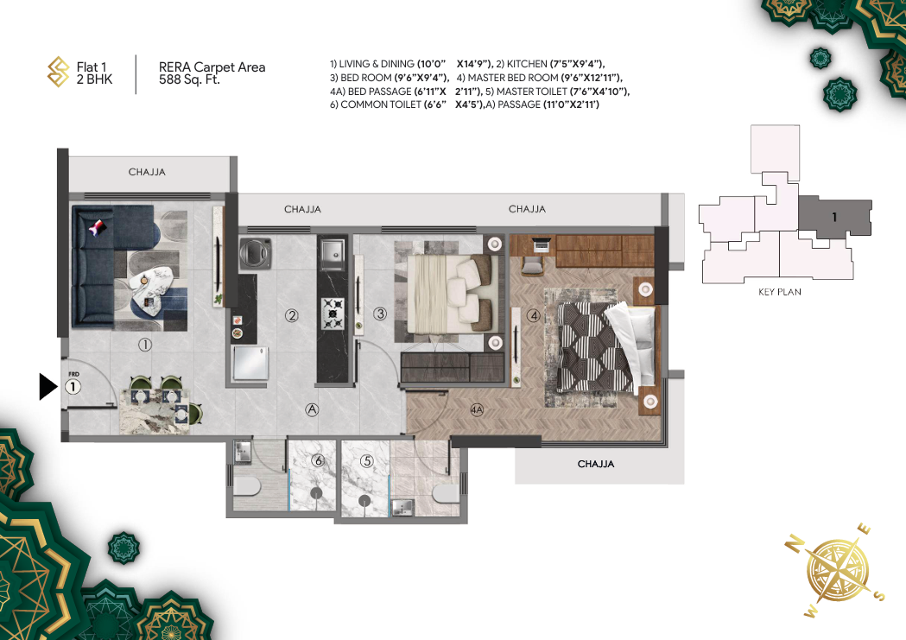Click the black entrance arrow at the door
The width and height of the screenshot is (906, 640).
pyautogui.click(x=48, y=386)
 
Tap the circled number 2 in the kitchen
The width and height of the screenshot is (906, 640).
pyautogui.click(x=292, y=315)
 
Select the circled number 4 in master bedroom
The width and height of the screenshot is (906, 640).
pyautogui.click(x=533, y=315)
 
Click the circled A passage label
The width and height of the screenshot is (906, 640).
pyautogui.click(x=312, y=409)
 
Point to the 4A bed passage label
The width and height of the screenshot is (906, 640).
pyautogui.click(x=477, y=410)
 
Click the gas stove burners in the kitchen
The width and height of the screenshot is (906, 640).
pyautogui.click(x=333, y=314)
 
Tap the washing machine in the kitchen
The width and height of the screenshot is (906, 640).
pyautogui.click(x=256, y=253)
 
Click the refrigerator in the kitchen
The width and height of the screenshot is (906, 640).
pyautogui.click(x=250, y=364)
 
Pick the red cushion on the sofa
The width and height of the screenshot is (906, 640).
pyautogui.click(x=97, y=227)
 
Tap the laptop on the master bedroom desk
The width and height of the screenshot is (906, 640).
pyautogui.click(x=542, y=244)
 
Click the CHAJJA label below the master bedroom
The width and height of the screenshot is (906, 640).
pyautogui.click(x=596, y=464)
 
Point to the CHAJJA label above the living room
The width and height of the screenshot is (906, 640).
pyautogui.click(x=147, y=172)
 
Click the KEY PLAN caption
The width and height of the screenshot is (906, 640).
pyautogui.click(x=779, y=292)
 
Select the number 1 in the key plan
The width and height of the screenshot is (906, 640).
pyautogui.click(x=834, y=217)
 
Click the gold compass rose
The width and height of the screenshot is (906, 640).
pyautogui.click(x=837, y=571)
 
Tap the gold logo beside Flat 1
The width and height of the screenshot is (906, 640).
pyautogui.click(x=58, y=72)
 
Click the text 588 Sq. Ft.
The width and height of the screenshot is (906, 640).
pyautogui.click(x=189, y=79)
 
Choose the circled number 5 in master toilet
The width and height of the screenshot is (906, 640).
pyautogui.click(x=367, y=461)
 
